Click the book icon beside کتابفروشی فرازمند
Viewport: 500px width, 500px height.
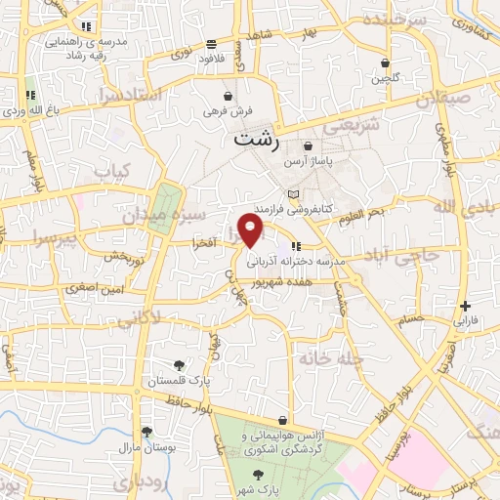tap(292, 194)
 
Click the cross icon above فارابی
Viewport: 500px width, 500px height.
tap(465, 306)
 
